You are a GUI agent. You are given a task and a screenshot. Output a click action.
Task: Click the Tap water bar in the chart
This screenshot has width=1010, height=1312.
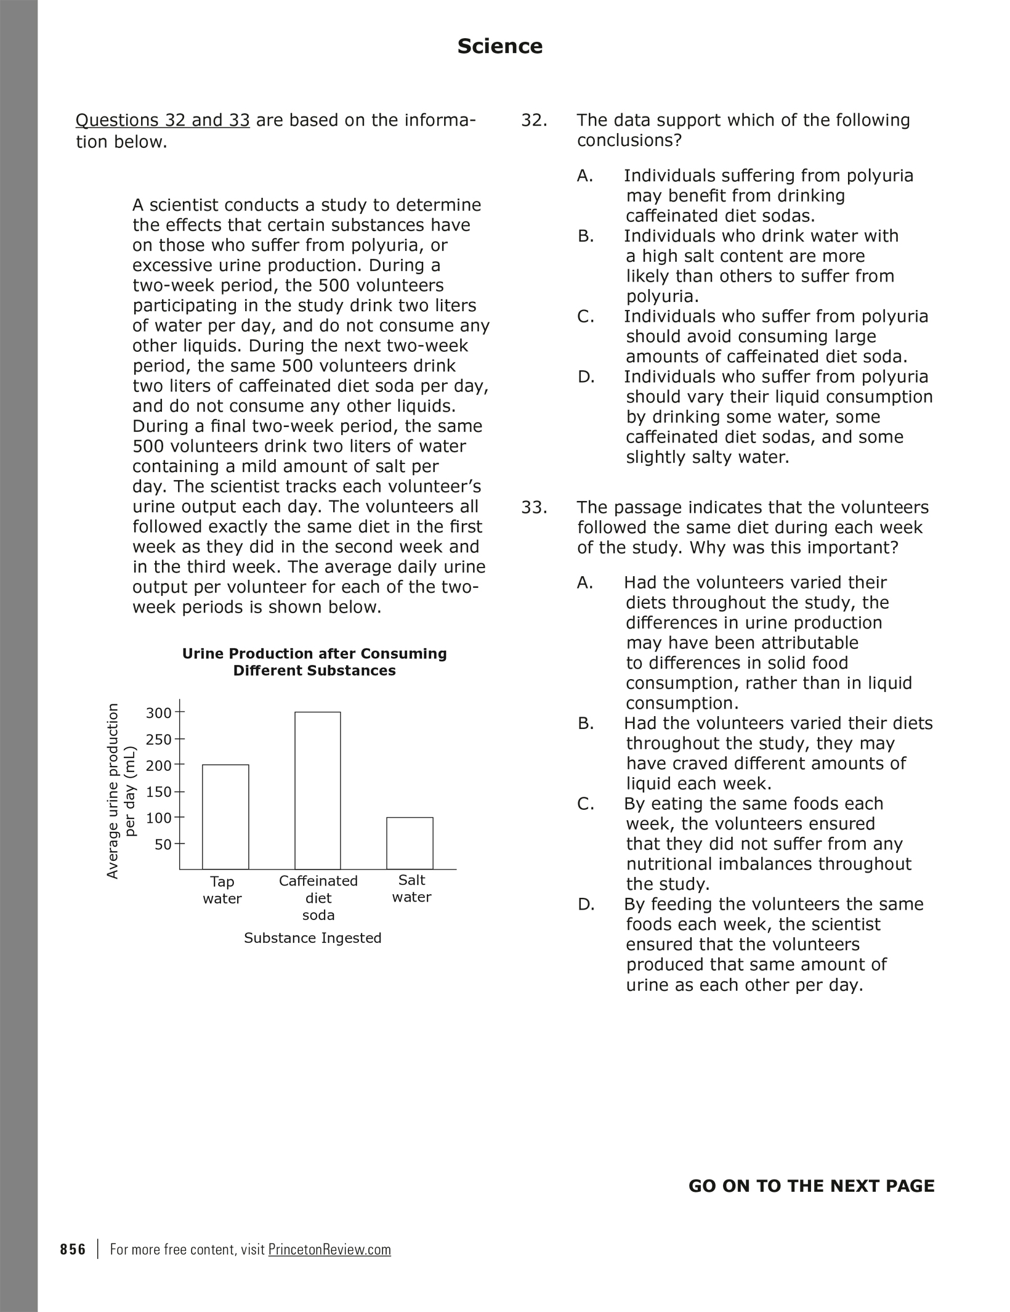[225, 817]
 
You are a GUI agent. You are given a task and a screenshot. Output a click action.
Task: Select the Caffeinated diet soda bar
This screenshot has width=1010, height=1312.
[318, 790]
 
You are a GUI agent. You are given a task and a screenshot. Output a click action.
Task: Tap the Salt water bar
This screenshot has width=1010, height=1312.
[410, 842]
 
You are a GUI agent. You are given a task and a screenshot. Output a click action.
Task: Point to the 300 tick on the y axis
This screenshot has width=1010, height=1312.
[158, 713]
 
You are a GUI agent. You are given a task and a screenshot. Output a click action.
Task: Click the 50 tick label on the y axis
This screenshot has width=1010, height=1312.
[163, 844]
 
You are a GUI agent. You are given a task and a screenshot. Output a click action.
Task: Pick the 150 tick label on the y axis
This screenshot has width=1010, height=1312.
[158, 792]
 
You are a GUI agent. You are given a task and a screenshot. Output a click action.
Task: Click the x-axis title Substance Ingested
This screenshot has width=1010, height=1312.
[313, 938]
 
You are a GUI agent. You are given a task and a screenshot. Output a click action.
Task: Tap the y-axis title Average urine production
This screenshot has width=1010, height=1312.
[113, 791]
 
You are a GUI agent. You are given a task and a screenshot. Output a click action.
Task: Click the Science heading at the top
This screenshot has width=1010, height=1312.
[499, 46]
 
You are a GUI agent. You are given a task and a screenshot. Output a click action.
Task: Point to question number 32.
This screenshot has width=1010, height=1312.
[534, 120]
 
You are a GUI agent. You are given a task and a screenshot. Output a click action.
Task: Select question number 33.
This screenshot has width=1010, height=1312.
[534, 508]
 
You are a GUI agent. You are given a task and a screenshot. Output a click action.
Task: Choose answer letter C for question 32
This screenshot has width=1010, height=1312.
[586, 317]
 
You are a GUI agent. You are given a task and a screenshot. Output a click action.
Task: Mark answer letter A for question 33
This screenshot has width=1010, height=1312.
[585, 583]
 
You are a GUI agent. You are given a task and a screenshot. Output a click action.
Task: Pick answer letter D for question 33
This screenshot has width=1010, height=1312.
[586, 905]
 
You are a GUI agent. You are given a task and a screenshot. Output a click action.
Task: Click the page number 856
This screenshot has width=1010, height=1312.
[73, 1250]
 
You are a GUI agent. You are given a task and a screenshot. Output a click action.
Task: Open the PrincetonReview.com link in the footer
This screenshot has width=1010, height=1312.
[329, 1250]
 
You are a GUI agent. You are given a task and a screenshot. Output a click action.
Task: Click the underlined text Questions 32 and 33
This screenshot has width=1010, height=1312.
[163, 120]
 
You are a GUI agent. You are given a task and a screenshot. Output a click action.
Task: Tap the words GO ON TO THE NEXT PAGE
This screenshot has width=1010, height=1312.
[811, 1186]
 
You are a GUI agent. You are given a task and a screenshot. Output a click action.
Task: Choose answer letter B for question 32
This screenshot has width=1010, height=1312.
[586, 236]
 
